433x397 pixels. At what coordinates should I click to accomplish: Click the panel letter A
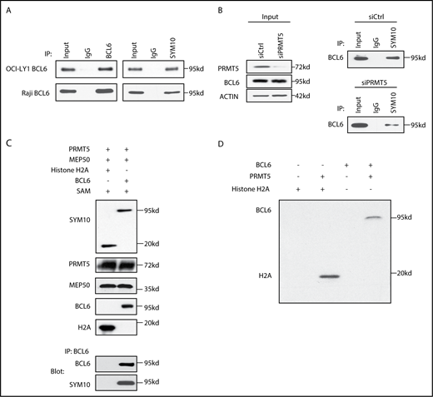point(8,8)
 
